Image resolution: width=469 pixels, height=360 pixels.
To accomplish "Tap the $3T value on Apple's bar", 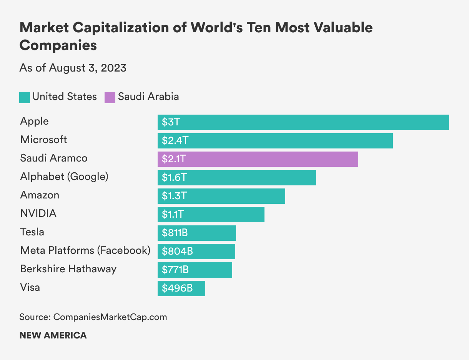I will (x=171, y=122).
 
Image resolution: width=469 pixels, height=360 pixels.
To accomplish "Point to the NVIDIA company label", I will (x=38, y=213).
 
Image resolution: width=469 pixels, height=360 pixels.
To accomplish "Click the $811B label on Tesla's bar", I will (x=175, y=233).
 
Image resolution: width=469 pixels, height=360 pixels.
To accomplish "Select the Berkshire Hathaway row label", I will (x=68, y=269).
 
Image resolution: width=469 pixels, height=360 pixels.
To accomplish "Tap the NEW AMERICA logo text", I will (x=53, y=335).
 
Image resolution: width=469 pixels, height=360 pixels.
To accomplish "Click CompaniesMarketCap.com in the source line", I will (x=110, y=317).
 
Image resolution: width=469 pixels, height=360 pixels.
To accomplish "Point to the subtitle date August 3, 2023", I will (x=87, y=68).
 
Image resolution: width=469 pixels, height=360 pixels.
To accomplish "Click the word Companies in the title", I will (x=58, y=45).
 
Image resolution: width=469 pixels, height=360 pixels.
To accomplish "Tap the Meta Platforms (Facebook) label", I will (x=85, y=250).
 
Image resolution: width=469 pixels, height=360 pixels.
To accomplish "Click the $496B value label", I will (x=177, y=288).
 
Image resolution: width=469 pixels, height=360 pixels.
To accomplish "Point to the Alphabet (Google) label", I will (x=64, y=177).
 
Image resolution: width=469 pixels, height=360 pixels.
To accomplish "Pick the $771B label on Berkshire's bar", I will (x=175, y=270).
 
